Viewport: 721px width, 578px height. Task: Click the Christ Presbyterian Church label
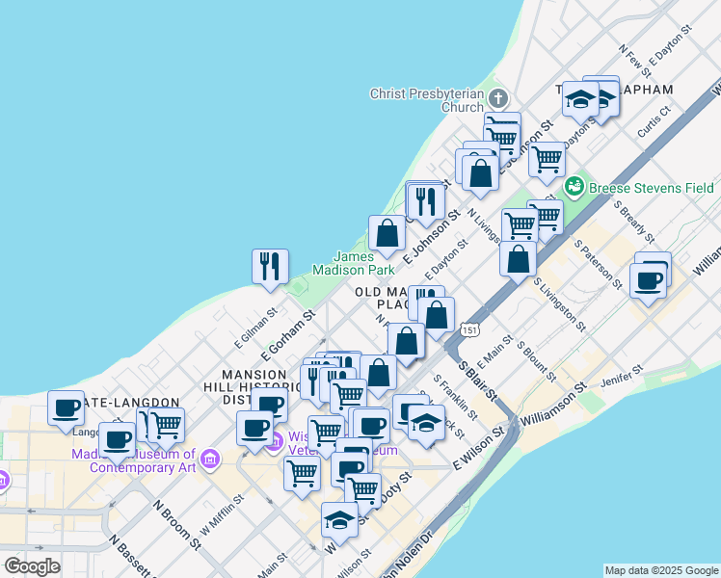pos(427,100)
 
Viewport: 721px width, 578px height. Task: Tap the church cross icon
pos(497,98)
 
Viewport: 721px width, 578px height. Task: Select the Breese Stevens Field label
pos(650,188)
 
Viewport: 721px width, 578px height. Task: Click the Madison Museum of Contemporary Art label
pos(143,460)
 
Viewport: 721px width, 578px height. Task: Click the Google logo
pos(32,566)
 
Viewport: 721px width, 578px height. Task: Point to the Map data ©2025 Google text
pos(661,570)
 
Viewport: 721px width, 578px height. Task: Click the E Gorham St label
pos(288,329)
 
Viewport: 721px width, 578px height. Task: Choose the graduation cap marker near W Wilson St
pos(339,521)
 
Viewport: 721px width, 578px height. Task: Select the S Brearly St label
pos(631,221)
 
